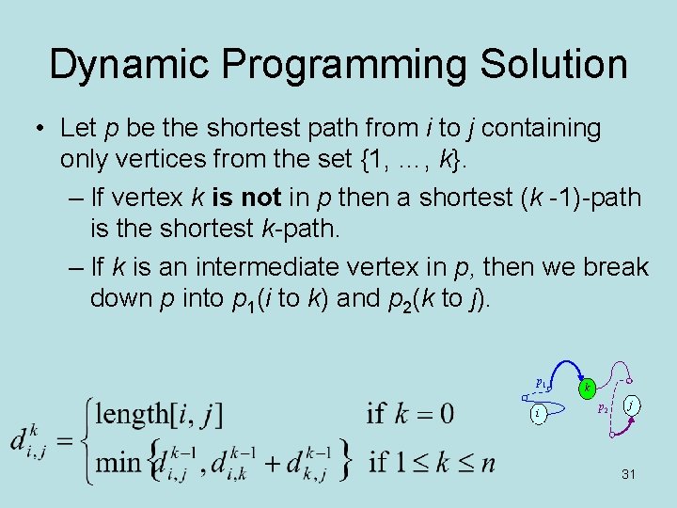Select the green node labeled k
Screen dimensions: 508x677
point(588,388)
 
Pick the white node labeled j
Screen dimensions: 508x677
point(633,405)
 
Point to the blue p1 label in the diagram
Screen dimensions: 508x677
point(542,384)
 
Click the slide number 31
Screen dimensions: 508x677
point(629,474)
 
